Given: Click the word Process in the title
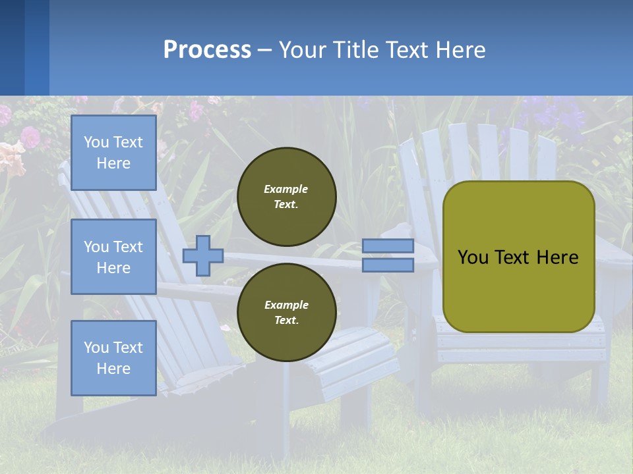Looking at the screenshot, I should coord(207,50).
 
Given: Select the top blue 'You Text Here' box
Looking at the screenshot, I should coord(113,153).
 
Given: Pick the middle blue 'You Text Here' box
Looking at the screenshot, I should coord(113,257).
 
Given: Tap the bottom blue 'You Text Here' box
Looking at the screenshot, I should coord(113,357).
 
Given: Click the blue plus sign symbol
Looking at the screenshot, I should coord(203,255).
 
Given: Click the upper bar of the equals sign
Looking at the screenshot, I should coord(388,246).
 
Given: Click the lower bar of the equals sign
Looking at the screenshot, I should coord(388,265).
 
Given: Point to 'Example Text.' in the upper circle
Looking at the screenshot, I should coord(286,197).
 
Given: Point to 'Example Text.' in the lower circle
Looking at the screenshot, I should coord(286,313).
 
